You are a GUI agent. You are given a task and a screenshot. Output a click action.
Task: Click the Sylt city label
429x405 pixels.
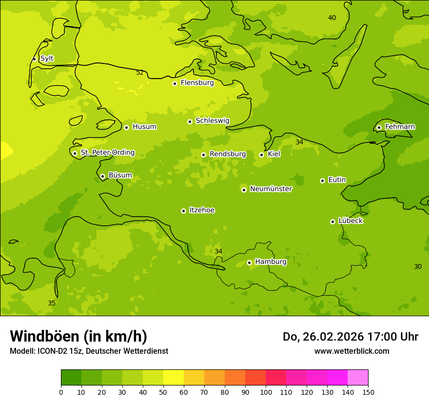47,59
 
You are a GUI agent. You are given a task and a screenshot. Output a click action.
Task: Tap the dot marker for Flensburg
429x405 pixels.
175,83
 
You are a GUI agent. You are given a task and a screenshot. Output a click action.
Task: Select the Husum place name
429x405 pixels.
144,127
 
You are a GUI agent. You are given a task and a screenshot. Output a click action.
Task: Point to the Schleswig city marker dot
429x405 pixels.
190,121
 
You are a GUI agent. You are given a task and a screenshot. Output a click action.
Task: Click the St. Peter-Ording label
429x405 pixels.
108,153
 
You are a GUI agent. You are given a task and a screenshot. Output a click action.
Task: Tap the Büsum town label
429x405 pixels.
120,176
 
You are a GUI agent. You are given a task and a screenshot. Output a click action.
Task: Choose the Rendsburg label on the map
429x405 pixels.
228,154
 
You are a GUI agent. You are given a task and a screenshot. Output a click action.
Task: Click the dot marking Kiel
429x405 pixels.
261,155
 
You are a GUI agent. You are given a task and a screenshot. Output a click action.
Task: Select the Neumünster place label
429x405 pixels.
271,189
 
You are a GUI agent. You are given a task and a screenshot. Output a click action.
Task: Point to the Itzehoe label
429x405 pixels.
202,210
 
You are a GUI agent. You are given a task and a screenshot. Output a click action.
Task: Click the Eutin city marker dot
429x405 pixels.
322,181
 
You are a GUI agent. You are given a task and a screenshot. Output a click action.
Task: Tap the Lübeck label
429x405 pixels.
351,221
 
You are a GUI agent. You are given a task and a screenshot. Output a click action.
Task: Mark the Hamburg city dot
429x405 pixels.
249,263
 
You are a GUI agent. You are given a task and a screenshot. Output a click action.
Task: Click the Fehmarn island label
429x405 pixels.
400,127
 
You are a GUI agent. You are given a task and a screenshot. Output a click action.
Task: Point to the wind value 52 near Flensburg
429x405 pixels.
140,73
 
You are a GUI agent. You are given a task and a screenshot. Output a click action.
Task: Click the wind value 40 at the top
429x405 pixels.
332,18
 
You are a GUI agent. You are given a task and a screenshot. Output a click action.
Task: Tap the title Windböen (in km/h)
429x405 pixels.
78,336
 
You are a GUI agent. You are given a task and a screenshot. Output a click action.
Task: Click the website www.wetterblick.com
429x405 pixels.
351,351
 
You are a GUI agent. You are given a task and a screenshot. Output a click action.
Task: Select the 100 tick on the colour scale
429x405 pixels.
266,392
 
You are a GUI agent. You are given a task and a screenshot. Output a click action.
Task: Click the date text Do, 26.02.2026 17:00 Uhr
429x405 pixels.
351,337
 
